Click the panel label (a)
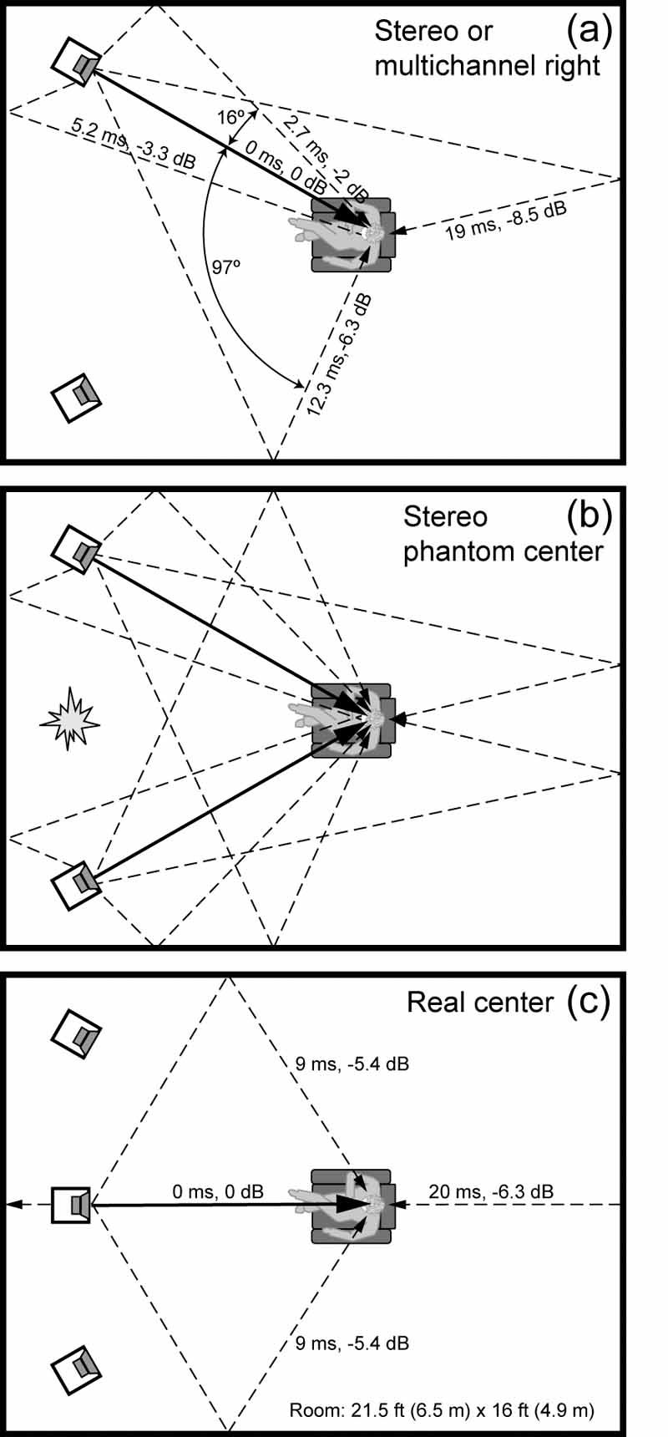pos(590,31)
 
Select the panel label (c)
pos(589,1000)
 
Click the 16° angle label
pos(230,118)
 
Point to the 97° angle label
pos(225,267)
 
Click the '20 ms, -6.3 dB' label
pos(490,1191)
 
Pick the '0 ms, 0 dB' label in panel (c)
pos(218,1191)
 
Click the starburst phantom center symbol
pos(71,717)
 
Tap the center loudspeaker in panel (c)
pos(72,1205)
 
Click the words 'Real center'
pos(479,1003)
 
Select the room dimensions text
pos(442,1411)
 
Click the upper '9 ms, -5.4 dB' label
pos(352,1064)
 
